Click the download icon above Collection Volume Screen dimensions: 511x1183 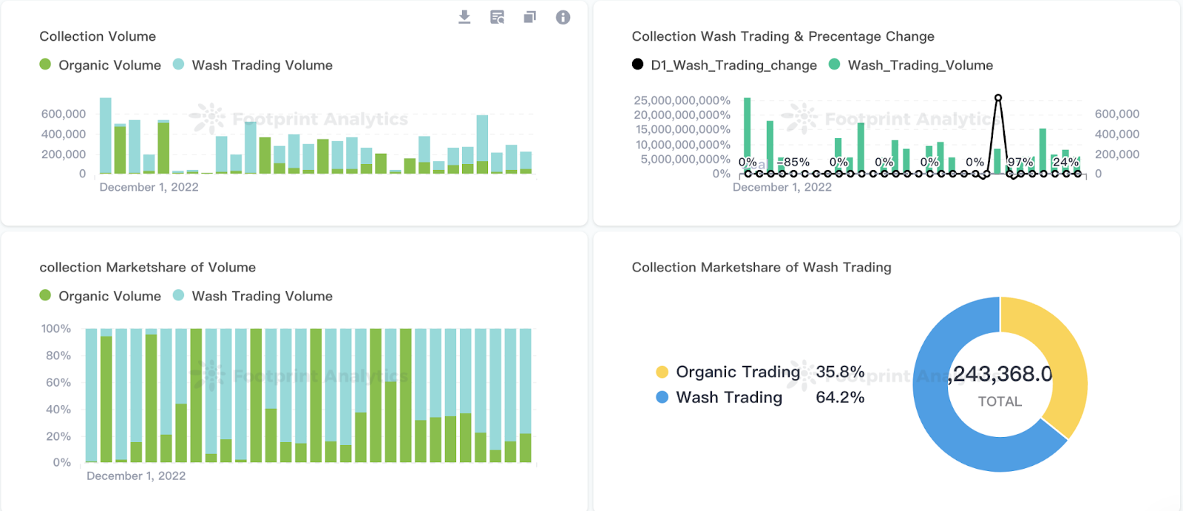pyautogui.click(x=464, y=17)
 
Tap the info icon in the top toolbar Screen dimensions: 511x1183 pyautogui.click(x=563, y=17)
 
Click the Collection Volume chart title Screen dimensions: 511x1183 pyautogui.click(x=98, y=36)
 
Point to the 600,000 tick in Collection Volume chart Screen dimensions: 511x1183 pyautogui.click(x=64, y=114)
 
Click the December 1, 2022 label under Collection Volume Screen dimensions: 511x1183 pyautogui.click(x=149, y=187)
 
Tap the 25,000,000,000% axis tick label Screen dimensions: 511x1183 pyautogui.click(x=682, y=100)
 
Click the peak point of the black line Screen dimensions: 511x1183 pyautogui.click(x=998, y=98)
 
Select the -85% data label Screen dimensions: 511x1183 pyautogui.click(x=795, y=162)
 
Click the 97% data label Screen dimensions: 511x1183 pyautogui.click(x=1020, y=162)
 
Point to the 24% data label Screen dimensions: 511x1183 pyautogui.click(x=1065, y=162)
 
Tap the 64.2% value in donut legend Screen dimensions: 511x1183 pyautogui.click(x=840, y=397)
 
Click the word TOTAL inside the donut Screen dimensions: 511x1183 pyautogui.click(x=1000, y=402)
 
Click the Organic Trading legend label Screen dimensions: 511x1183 pyautogui.click(x=737, y=372)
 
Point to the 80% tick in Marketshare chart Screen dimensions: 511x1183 pyautogui.click(x=58, y=356)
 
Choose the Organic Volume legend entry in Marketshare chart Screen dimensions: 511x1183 pyautogui.click(x=109, y=296)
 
